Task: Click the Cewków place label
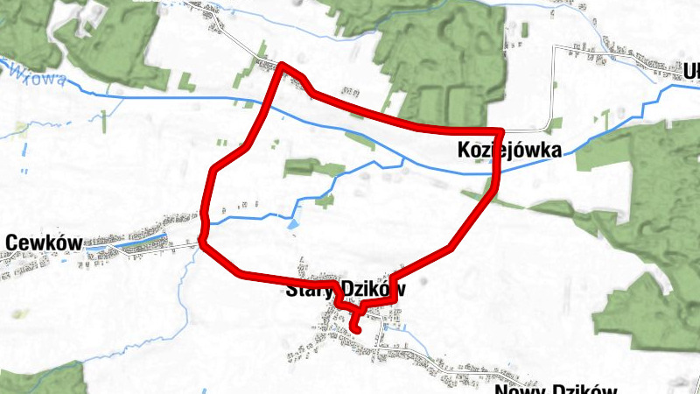[x=43, y=242]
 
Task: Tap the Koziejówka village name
[x=508, y=151]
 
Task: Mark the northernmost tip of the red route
[x=282, y=66]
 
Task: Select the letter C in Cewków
[x=11, y=242]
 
